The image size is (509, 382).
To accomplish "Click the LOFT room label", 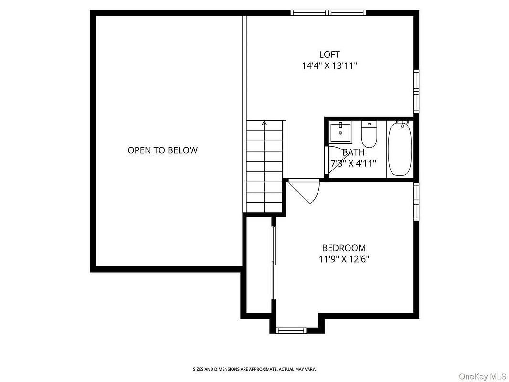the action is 329,54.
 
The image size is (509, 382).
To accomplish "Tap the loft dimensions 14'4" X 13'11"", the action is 329,66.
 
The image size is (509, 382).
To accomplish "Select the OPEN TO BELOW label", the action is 163,150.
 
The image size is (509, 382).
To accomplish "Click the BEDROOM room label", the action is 344,248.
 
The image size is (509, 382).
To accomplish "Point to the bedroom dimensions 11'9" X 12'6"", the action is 344,259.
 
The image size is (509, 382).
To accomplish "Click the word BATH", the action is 353,152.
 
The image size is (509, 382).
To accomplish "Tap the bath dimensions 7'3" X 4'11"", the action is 353,163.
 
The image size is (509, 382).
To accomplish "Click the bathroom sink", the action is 340,132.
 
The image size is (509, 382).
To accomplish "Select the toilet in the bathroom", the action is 369,134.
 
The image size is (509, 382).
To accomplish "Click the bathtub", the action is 400,149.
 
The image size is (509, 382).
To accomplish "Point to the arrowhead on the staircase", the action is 264,123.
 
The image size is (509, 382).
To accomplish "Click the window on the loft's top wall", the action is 328,13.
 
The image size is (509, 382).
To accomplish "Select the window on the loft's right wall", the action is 416,91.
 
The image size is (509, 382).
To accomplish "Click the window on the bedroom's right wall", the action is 416,202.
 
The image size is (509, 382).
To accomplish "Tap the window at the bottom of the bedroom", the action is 291,330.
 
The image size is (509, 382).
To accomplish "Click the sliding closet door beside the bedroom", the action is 273,263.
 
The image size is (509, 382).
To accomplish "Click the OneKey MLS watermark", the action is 482,376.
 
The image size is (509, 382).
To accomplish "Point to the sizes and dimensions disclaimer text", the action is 254,369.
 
